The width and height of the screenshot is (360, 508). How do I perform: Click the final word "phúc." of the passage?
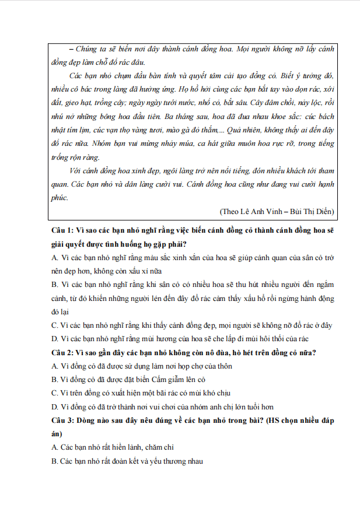click(x=60, y=198)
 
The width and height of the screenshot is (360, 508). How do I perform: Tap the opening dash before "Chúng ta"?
click(x=71, y=50)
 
